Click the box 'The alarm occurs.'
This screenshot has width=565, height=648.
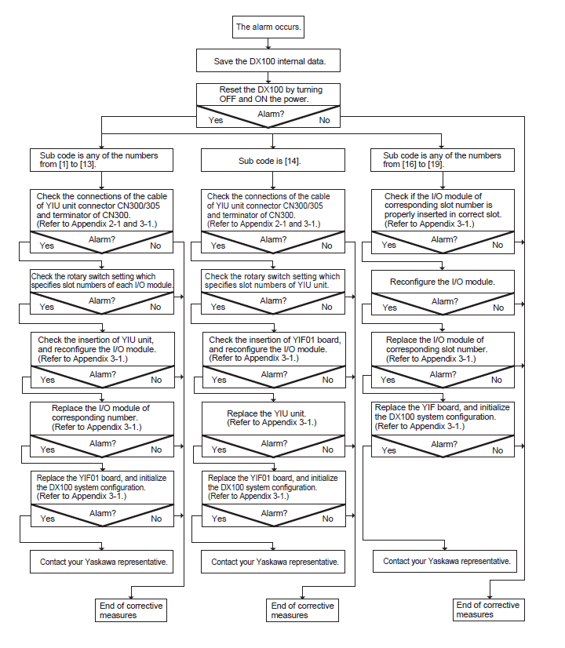[268, 27]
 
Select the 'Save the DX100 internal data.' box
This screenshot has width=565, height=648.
[268, 60]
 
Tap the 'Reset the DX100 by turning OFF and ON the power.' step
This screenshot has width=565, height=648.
[268, 95]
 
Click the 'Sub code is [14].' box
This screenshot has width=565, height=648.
[273, 160]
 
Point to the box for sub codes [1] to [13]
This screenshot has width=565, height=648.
[102, 160]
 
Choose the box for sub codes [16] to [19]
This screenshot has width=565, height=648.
[443, 160]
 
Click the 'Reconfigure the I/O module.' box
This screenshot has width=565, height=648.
[443, 282]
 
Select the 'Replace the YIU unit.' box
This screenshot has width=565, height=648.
[273, 418]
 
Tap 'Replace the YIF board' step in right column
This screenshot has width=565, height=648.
[443, 417]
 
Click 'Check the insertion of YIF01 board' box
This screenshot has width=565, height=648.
[274, 349]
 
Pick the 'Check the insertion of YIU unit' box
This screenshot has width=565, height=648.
[103, 349]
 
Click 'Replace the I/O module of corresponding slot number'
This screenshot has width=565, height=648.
[443, 349]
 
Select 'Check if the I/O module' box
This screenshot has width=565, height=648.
[443, 210]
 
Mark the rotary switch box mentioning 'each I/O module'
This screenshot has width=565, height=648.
[102, 281]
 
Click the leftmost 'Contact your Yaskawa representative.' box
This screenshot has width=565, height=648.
[102, 562]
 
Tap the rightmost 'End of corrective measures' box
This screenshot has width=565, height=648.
[489, 610]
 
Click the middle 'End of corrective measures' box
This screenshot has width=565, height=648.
[303, 610]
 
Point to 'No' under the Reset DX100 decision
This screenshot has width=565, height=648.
[324, 120]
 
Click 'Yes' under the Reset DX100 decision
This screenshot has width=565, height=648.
[216, 120]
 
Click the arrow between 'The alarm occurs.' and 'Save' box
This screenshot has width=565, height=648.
[268, 44]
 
